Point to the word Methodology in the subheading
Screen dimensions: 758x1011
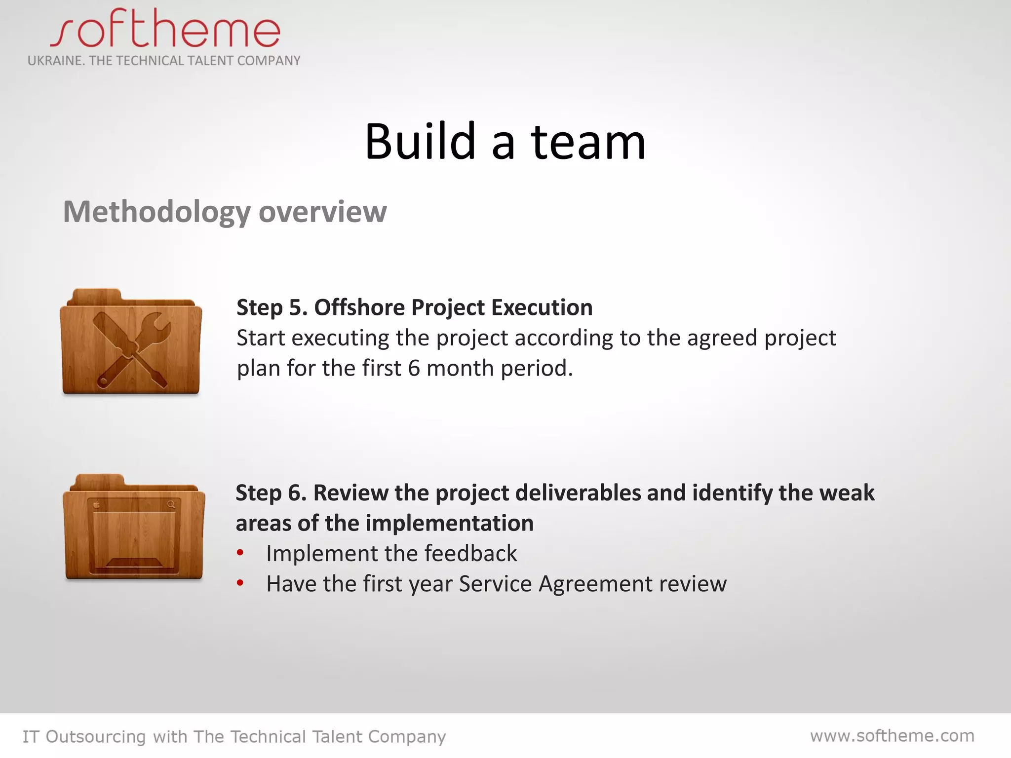pyautogui.click(x=157, y=212)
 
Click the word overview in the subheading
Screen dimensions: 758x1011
pyautogui.click(x=322, y=212)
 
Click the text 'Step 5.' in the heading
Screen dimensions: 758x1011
pyautogui.click(x=272, y=307)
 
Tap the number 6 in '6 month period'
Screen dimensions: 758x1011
pyautogui.click(x=414, y=368)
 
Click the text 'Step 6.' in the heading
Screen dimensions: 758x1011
pyautogui.click(x=271, y=493)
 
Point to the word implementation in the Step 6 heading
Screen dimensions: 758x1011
pyautogui.click(x=449, y=523)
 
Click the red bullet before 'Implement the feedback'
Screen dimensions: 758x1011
pyautogui.click(x=240, y=553)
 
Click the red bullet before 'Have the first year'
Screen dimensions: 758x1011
pyautogui.click(x=240, y=583)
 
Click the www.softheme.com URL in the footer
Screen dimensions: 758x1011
pyautogui.click(x=892, y=736)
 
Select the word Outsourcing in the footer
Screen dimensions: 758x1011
pyautogui.click(x=96, y=737)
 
